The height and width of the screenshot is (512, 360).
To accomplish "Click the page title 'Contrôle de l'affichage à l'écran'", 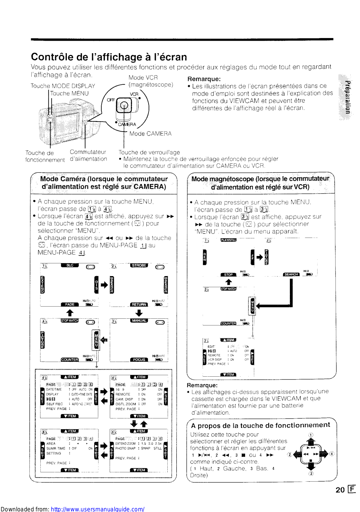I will (109, 57).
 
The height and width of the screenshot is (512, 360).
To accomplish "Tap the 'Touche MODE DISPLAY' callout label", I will (63, 86).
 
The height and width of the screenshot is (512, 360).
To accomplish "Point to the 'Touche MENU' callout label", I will (69, 93).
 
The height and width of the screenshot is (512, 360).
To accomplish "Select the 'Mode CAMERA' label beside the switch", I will (150, 133).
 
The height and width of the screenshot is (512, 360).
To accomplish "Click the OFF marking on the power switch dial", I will (111, 100).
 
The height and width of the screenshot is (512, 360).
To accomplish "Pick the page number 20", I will (340, 490).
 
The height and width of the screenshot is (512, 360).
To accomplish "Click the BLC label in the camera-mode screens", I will (70, 265).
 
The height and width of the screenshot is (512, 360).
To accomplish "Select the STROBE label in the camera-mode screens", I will (139, 265).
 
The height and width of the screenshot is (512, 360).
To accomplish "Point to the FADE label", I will (70, 304).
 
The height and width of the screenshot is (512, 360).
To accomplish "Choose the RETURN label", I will (139, 304).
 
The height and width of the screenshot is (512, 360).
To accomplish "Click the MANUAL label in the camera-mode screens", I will (139, 320).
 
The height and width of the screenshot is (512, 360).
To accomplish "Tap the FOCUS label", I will (139, 360).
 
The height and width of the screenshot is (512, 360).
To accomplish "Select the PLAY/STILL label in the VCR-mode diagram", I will (228, 240).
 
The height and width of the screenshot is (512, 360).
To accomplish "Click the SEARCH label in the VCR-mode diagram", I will (291, 274).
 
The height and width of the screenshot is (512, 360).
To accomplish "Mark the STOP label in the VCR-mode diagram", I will (228, 275).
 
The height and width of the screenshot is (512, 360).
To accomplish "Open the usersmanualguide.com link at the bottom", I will (98, 509).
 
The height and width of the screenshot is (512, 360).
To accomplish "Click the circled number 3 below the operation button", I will (311, 474).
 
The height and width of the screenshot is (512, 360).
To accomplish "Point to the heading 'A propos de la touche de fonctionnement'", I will (260, 425).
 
